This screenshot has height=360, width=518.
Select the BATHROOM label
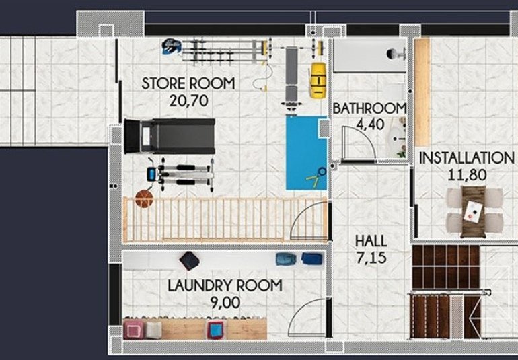coord(369,108)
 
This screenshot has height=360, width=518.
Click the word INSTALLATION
coord(466,158)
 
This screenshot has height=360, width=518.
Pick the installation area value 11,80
coord(466,175)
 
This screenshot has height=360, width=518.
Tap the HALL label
coord(371,240)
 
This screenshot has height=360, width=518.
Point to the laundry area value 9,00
coord(224,303)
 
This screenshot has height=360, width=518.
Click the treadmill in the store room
coord(169,136)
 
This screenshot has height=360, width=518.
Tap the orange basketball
coord(144,199)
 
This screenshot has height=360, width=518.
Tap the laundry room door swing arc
coord(311,316)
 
